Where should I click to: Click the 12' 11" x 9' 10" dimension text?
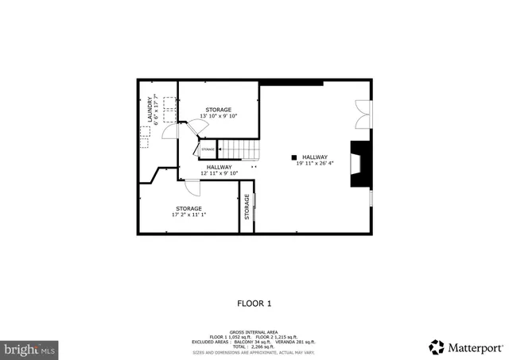coord(220,173)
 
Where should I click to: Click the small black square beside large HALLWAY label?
coord(293,157)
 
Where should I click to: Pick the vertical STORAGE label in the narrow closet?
coord(247,207)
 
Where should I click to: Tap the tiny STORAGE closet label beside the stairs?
coord(208,149)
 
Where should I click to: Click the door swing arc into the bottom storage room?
coord(192,188)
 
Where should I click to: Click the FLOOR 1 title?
coord(254,303)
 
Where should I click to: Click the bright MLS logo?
coord(29,348)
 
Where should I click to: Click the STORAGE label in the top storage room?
coord(219,110)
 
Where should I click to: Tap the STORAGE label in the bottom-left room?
coord(188,208)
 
